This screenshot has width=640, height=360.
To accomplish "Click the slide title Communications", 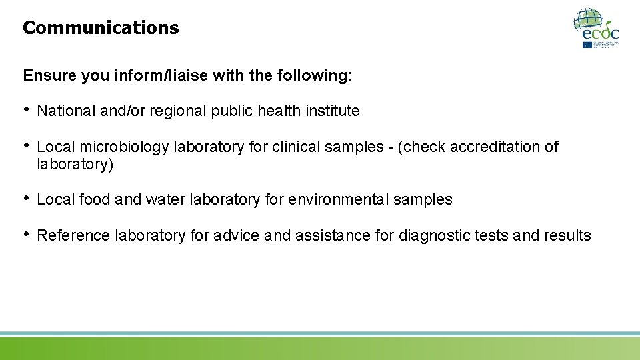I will [x=101, y=28].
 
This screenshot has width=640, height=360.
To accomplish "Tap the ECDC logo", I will [x=596, y=28].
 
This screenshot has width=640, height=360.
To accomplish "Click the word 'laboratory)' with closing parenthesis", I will [x=75, y=165].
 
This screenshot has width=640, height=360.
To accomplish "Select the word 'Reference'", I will [x=74, y=235].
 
